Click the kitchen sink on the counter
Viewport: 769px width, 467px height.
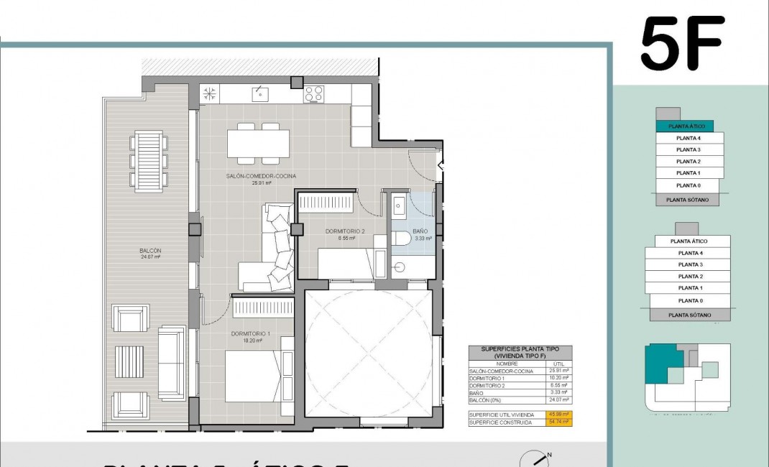(x=259, y=93)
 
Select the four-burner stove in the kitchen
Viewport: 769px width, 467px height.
(x=313, y=93)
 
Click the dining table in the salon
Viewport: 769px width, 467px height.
(x=259, y=142)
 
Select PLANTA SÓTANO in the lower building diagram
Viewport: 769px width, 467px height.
(x=689, y=315)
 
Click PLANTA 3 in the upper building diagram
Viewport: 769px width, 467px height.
(x=689, y=149)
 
